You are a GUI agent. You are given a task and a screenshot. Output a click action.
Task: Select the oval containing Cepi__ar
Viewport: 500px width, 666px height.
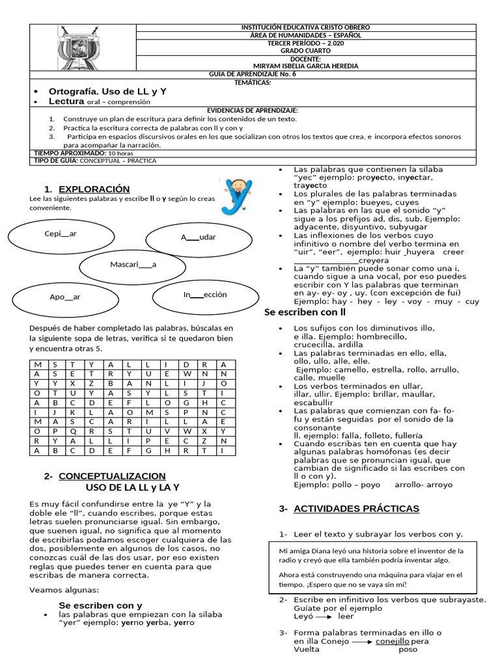point(61,234)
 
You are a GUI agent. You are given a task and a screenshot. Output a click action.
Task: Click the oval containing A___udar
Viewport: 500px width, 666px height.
point(198,237)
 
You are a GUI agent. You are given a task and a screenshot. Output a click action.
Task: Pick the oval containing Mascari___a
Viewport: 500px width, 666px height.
point(133,265)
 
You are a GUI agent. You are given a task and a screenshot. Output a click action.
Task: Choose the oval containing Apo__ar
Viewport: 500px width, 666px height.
point(65,297)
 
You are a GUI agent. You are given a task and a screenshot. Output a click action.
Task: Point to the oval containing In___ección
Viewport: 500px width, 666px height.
point(205,295)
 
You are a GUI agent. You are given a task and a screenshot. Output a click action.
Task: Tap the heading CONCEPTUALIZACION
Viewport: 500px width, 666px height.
point(112,476)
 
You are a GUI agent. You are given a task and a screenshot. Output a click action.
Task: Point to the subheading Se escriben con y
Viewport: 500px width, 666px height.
point(100,605)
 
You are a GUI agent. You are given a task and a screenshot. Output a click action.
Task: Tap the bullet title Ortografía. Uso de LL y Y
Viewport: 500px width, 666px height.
point(108,92)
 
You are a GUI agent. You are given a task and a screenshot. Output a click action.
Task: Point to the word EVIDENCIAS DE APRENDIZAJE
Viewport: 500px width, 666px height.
point(252,111)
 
